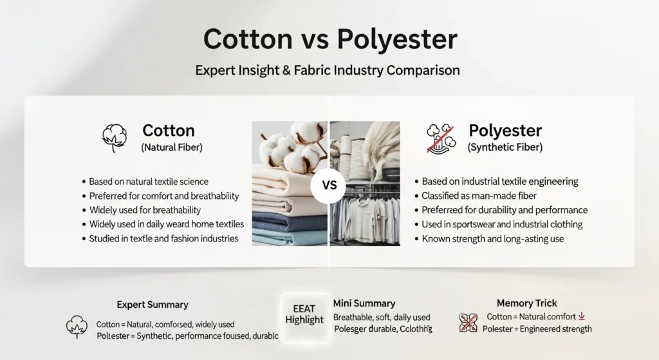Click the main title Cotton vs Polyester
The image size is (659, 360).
pyautogui.click(x=329, y=40)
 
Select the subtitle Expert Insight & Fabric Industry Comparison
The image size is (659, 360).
pyautogui.click(x=328, y=70)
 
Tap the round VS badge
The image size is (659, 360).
pyautogui.click(x=329, y=185)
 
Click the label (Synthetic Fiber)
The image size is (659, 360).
pyautogui.click(x=505, y=147)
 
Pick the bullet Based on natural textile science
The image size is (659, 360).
pyautogui.click(x=149, y=182)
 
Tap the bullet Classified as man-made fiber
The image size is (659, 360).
pyautogui.click(x=478, y=196)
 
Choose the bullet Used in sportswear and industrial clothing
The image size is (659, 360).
pyautogui.click(x=502, y=224)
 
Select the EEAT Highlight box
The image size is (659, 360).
pyautogui.click(x=304, y=314)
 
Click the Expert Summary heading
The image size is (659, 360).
pyautogui.click(x=153, y=304)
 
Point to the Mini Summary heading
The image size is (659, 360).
pyautogui.click(x=364, y=303)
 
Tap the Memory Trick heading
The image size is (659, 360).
pyautogui.click(x=527, y=303)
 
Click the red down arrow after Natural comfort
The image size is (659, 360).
pyautogui.click(x=582, y=316)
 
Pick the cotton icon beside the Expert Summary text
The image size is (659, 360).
pyautogui.click(x=77, y=328)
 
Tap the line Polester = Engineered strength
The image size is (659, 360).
pyautogui.click(x=537, y=328)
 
